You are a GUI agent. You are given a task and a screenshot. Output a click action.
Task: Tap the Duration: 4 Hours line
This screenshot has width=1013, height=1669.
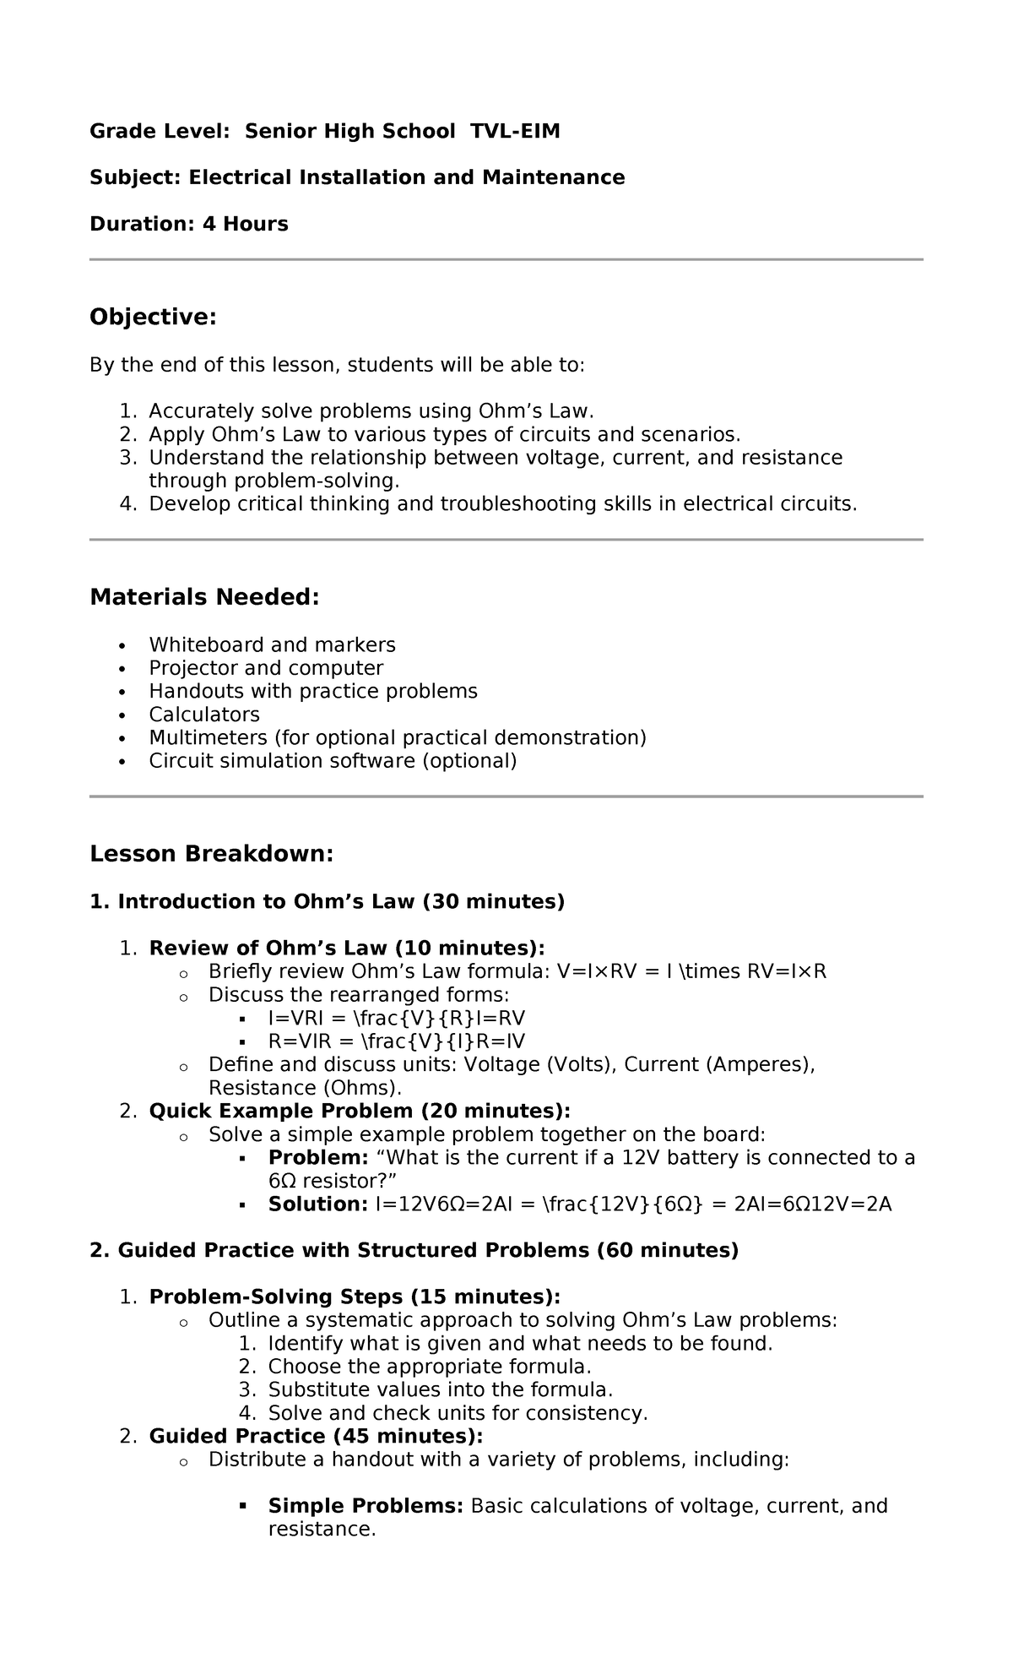[x=189, y=224]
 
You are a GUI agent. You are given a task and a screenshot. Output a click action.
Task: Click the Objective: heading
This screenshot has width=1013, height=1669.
[x=153, y=318]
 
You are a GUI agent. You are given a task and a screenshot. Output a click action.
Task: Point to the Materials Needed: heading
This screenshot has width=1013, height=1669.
[x=204, y=597]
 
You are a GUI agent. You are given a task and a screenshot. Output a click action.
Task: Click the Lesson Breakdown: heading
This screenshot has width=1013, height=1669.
[x=211, y=854]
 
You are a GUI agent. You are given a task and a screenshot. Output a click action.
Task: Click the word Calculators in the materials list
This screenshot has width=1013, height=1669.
[x=204, y=715]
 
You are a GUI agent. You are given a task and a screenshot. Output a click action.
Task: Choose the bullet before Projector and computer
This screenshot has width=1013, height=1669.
[x=122, y=670]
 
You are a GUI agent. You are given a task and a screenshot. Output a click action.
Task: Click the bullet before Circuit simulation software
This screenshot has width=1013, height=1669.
[x=122, y=762]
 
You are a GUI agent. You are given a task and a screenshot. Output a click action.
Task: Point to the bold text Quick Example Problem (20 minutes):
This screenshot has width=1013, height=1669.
[x=360, y=1112]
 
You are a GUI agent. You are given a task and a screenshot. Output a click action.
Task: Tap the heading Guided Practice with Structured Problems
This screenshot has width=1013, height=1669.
[x=414, y=1250]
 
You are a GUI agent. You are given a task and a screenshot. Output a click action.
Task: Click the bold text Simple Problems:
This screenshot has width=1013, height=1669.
[x=366, y=1506]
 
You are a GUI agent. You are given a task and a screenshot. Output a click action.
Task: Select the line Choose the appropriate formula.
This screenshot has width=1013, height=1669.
[x=430, y=1367]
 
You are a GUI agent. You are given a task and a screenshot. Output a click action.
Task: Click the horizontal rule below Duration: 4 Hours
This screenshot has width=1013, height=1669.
[x=506, y=260]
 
